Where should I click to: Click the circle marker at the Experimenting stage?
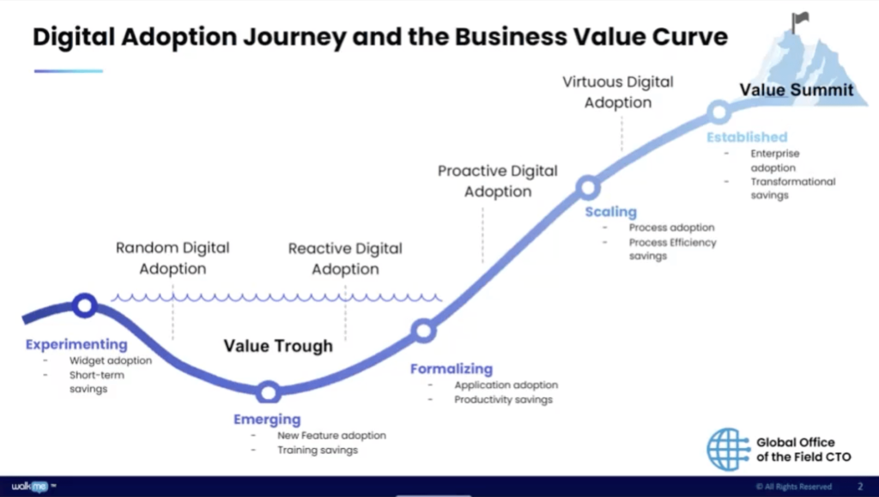coord(84,305)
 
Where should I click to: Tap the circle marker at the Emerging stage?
coord(269,392)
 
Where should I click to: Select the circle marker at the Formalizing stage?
coord(423,330)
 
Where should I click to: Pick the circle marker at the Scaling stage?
coord(587,187)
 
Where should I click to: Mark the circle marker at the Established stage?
coord(718,112)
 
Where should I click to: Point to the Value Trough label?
coord(278,346)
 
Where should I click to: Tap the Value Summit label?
coord(797,90)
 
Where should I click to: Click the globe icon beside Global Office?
coord(728,449)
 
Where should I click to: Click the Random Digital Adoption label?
coord(173,258)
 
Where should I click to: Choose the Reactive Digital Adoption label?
coord(345,259)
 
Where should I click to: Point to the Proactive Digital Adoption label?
coord(497,181)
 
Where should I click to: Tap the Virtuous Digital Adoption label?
coord(618,92)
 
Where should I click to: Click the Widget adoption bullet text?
coord(110,361)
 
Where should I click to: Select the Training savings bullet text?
coord(317,450)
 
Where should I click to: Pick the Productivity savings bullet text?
coord(503,399)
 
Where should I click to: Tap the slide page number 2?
coord(860,487)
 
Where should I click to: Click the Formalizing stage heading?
coord(452,369)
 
